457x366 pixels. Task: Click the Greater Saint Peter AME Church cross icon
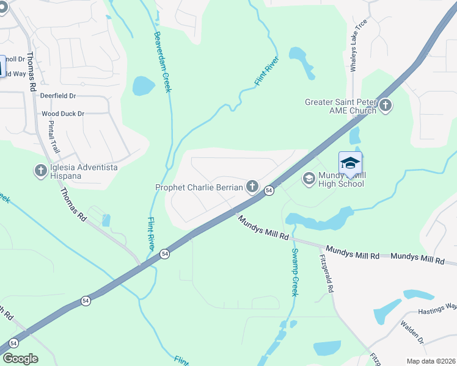click(x=385, y=106)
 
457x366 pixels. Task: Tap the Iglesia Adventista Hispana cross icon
click(x=41, y=171)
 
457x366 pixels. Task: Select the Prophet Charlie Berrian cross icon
click(x=252, y=187)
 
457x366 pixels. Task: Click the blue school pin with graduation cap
click(x=350, y=163)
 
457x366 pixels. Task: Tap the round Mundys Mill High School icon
click(x=309, y=178)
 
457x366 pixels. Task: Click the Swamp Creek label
click(x=294, y=272)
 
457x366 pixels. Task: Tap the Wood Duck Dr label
click(x=62, y=114)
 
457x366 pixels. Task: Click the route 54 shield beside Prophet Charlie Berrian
click(x=269, y=191)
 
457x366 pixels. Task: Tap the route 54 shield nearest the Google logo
click(x=86, y=301)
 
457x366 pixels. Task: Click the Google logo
click(x=20, y=359)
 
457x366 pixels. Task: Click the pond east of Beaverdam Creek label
click(x=144, y=86)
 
